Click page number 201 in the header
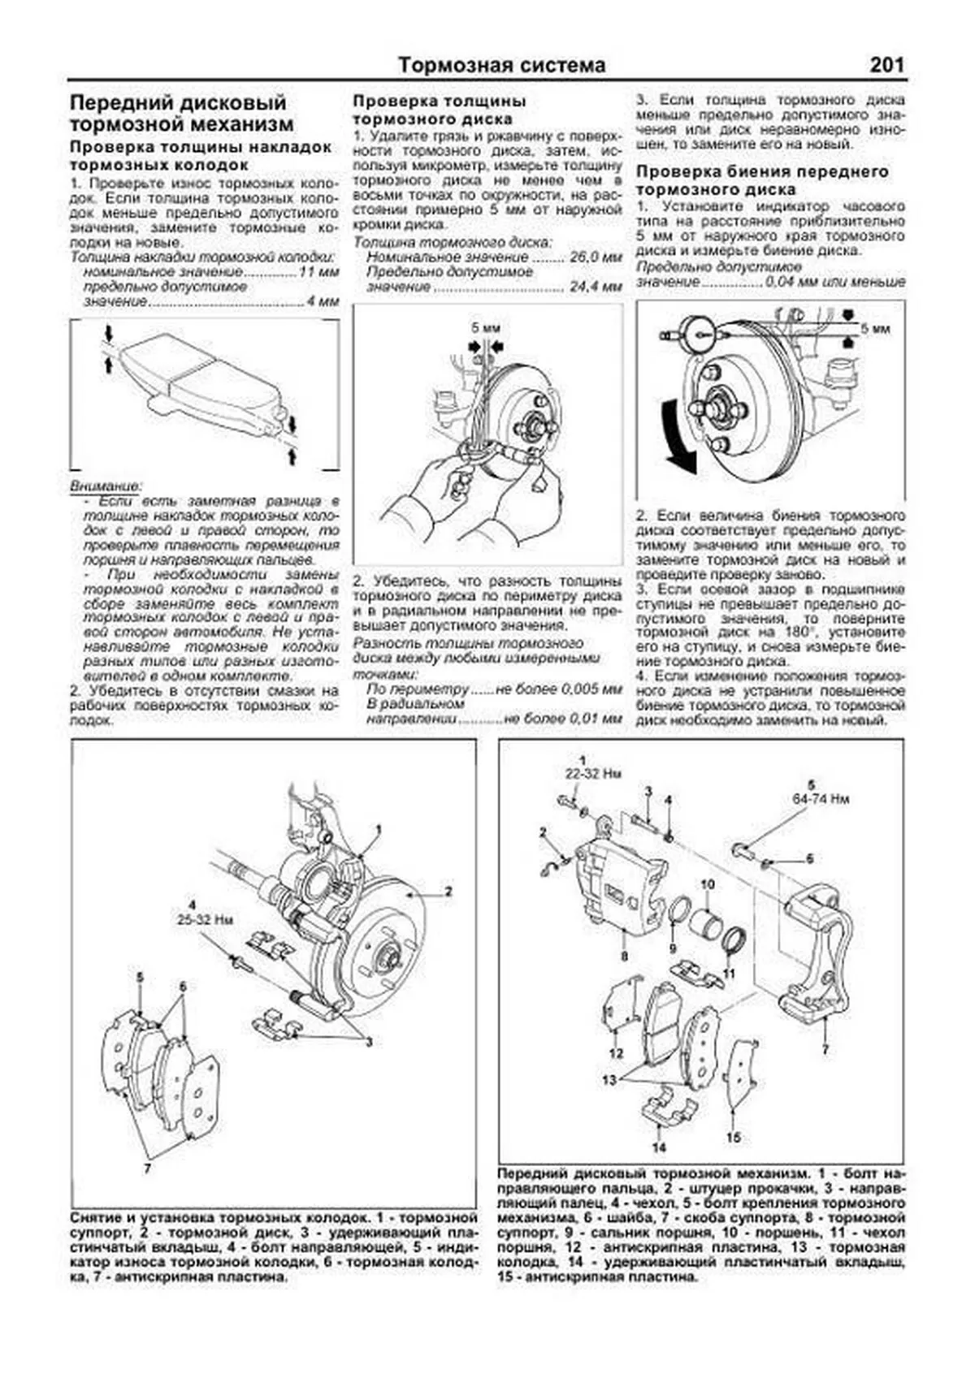point(886,65)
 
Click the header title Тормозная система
point(501,65)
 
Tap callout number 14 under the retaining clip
point(658,1147)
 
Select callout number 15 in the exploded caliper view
point(733,1138)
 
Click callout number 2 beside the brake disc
point(448,891)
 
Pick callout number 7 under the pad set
point(147,1168)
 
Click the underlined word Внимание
point(105,485)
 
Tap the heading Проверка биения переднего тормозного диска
point(761,180)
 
